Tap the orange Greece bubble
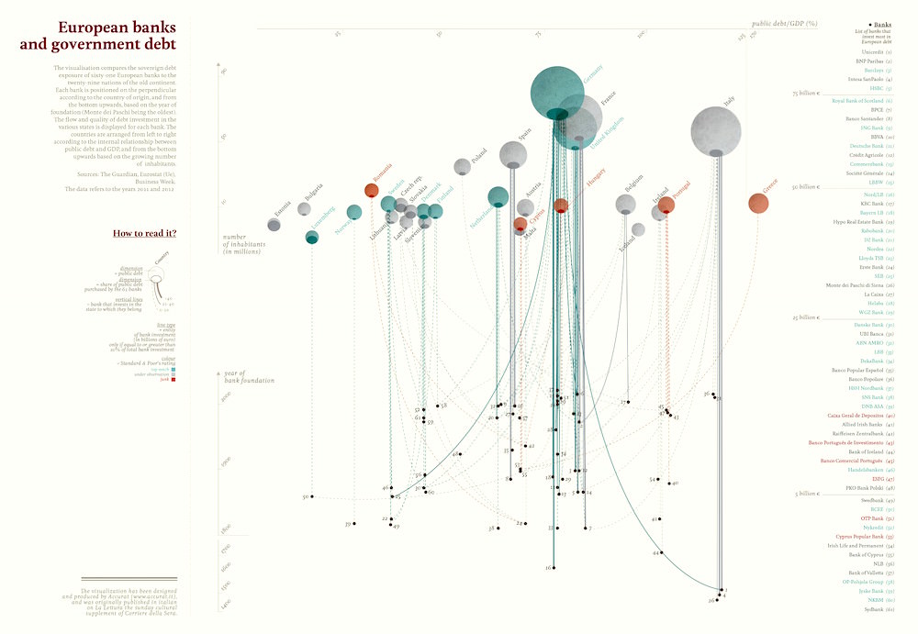(x=759, y=203)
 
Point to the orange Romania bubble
(x=371, y=190)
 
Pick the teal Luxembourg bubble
(x=312, y=238)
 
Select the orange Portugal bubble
(x=666, y=206)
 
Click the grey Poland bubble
(x=462, y=167)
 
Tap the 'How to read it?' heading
(x=144, y=233)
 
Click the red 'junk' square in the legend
(x=174, y=379)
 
